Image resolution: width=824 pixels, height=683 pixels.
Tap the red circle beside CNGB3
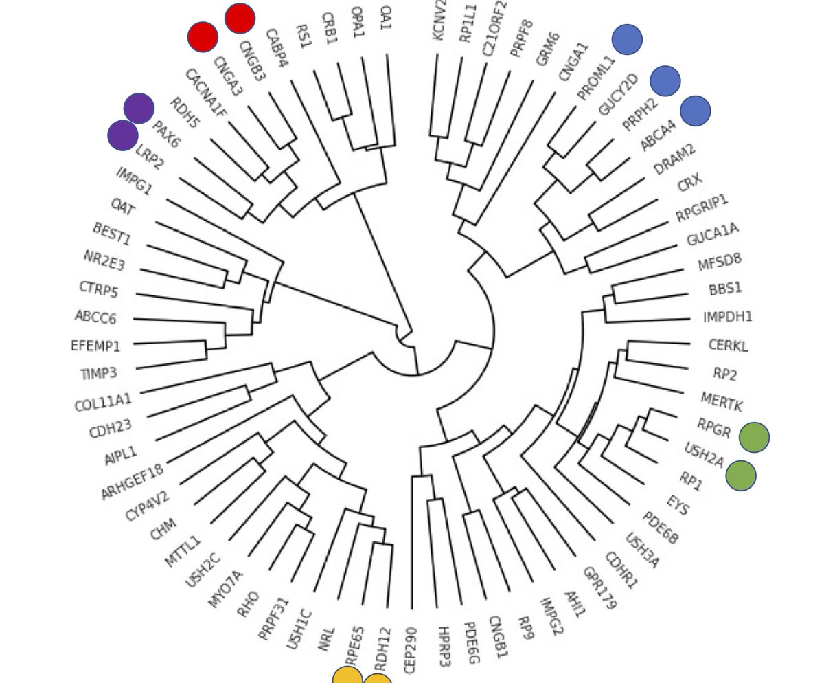[240, 19]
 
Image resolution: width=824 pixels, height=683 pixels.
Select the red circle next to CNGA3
[203, 37]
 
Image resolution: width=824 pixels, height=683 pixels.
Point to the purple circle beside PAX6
[139, 109]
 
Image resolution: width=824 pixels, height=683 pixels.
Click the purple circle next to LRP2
[123, 135]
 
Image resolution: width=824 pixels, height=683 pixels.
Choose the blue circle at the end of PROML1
[627, 39]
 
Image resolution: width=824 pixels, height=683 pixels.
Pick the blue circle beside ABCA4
[696, 111]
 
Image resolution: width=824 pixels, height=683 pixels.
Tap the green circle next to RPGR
[754, 438]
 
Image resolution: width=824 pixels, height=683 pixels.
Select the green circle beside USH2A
[741, 475]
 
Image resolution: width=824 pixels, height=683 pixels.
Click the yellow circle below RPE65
[347, 678]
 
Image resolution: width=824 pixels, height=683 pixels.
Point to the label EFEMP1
[95, 346]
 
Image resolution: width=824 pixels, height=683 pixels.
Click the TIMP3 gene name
[98, 374]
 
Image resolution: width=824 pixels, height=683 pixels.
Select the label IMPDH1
[728, 317]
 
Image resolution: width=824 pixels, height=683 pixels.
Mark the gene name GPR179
[599, 588]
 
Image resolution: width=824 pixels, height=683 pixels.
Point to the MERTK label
[721, 402]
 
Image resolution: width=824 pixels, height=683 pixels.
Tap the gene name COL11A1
[103, 402]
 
